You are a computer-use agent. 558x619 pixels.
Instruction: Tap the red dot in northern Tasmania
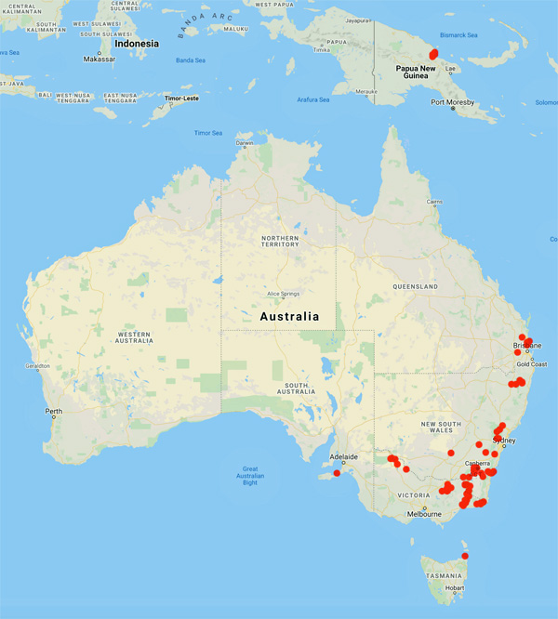click(x=465, y=556)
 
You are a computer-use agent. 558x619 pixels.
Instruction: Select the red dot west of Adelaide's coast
click(x=337, y=473)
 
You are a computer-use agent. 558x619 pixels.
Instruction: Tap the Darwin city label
click(x=244, y=142)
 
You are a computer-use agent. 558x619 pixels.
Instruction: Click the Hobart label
click(x=455, y=587)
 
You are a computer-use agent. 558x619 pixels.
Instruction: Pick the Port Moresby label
click(x=452, y=101)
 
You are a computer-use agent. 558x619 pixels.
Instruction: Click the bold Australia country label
click(x=289, y=317)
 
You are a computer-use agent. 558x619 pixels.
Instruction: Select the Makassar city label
click(x=100, y=59)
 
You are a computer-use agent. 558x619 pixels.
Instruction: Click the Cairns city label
click(x=434, y=202)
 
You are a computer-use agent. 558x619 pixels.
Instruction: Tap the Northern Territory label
click(x=280, y=243)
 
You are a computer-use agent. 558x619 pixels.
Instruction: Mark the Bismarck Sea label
click(x=459, y=34)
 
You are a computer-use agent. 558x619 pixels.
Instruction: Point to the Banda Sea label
click(x=190, y=61)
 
